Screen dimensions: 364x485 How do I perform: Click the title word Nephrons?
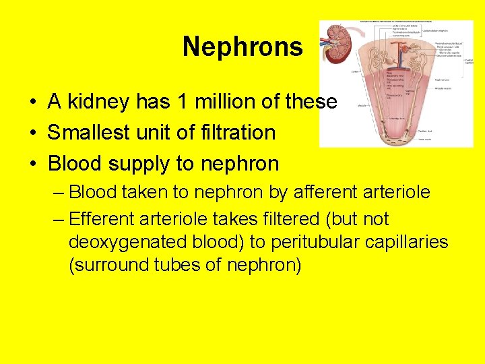click(243, 47)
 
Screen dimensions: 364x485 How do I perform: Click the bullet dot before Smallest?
click(32, 133)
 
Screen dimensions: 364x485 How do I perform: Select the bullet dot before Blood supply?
click(32, 164)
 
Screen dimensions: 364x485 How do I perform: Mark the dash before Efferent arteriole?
click(57, 219)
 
